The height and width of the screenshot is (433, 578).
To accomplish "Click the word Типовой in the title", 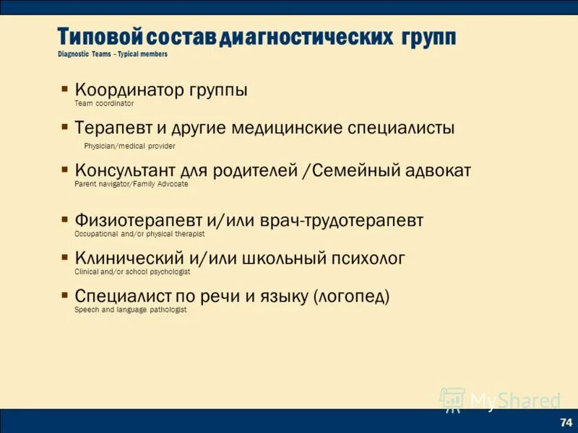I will tap(101, 37).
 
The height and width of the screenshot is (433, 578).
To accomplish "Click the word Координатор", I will tap(130, 91).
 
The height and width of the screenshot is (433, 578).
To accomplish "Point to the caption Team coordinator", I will tap(104, 103).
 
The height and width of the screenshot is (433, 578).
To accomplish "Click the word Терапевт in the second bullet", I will tap(113, 128).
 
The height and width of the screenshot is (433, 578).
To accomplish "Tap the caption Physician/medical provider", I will tap(129, 146).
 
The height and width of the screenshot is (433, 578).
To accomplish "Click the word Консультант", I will tap(125, 171).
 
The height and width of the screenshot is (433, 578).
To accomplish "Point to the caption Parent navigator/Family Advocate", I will tap(131, 184).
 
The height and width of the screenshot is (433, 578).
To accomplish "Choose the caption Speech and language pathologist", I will tap(130, 309).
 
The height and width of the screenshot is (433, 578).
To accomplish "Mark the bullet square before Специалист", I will tap(65, 294).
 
